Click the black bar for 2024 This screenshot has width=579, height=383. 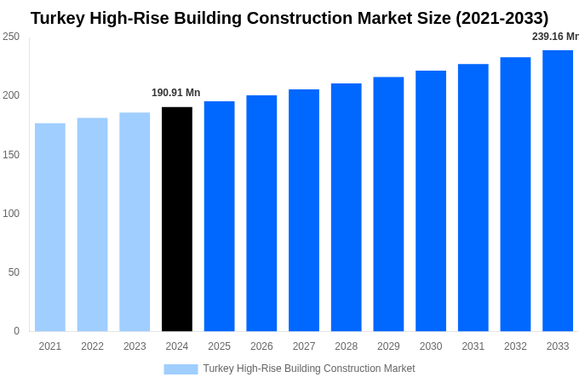(x=177, y=219)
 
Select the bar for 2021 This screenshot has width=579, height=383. (x=50, y=227)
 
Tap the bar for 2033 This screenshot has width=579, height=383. (x=558, y=191)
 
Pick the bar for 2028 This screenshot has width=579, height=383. (x=347, y=207)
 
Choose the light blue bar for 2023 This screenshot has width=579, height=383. (x=135, y=221)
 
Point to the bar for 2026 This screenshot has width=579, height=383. (x=261, y=213)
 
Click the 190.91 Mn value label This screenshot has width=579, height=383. (x=176, y=93)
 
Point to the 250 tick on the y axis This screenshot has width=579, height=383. (x=11, y=37)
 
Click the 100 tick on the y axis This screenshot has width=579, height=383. (x=11, y=214)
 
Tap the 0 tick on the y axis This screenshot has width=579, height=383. (x=16, y=331)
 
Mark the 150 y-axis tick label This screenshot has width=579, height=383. (x=11, y=155)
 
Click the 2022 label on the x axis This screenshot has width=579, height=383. (x=93, y=346)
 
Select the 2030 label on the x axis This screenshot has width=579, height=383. (x=431, y=346)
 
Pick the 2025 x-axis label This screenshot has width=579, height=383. (x=220, y=346)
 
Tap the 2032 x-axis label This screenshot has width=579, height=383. (x=515, y=346)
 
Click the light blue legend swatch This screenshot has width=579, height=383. (x=181, y=369)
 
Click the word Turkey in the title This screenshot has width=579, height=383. (x=60, y=18)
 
